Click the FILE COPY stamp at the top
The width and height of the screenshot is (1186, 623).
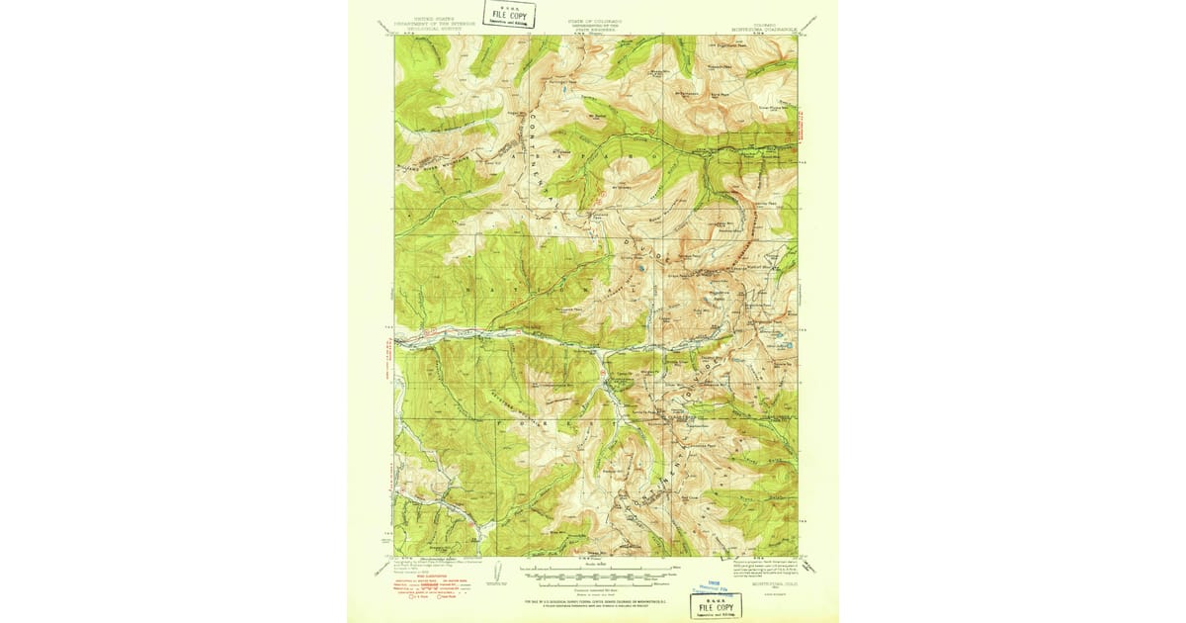tap(510, 15)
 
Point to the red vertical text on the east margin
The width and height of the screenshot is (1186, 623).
tap(803, 133)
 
